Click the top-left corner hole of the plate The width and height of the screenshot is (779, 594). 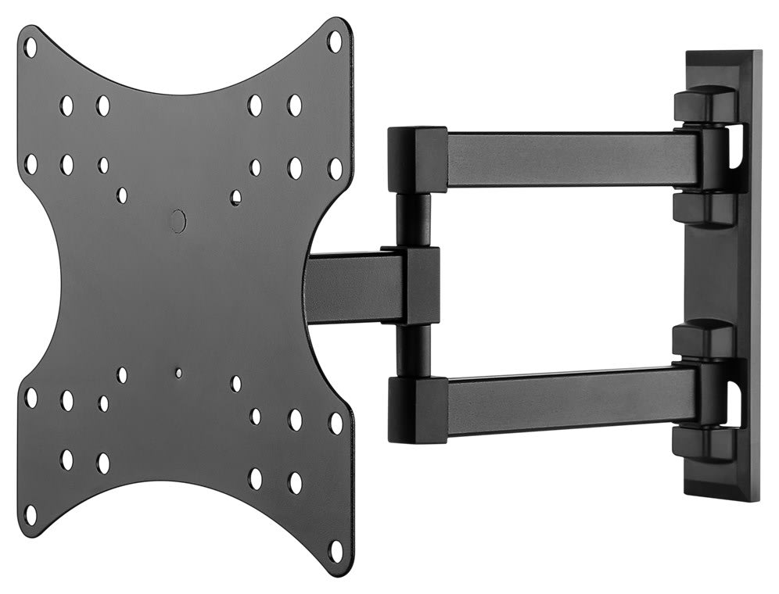[31, 46]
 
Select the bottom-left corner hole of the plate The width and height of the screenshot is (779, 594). [31, 514]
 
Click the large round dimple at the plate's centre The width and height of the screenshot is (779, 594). [179, 220]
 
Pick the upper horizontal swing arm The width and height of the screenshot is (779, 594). [571, 159]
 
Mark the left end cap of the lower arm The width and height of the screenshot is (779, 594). [416, 407]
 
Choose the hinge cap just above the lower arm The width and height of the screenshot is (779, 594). [704, 340]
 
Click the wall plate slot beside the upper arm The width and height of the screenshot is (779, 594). [736, 148]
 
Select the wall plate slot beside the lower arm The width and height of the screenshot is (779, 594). [736, 399]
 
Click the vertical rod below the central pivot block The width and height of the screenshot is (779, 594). [412, 352]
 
